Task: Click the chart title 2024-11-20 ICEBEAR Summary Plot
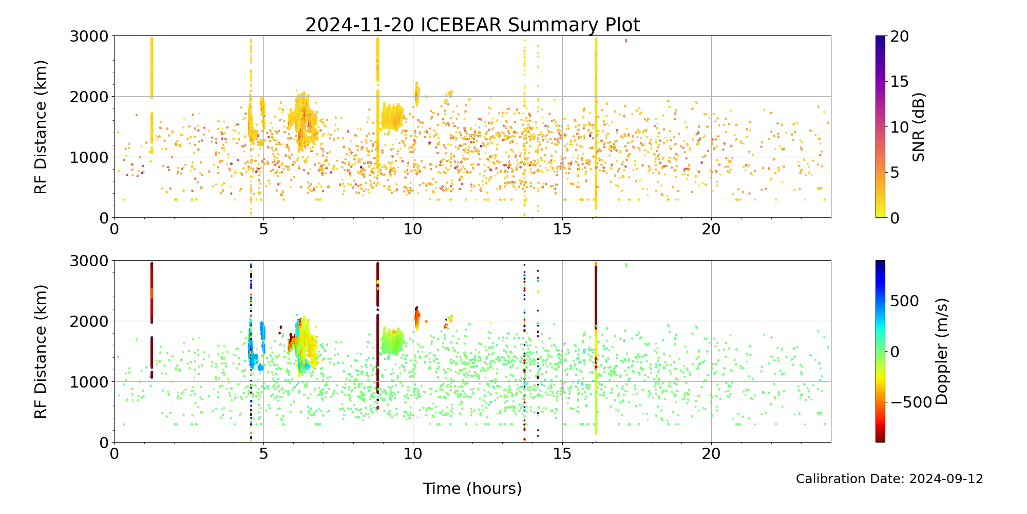point(472,25)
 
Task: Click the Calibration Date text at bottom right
point(889,479)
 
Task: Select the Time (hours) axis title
point(472,488)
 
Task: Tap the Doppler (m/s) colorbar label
point(942,351)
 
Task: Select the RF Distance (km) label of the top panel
point(41,127)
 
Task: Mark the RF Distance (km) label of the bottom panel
point(41,351)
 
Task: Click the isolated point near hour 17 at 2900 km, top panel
point(625,40)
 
